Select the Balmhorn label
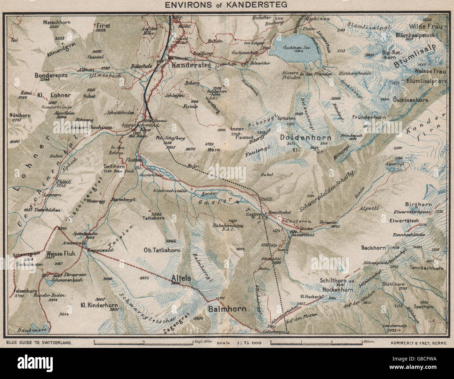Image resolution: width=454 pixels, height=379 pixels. pyautogui.click(x=227, y=309)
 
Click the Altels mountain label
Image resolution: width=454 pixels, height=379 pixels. pyautogui.click(x=182, y=278)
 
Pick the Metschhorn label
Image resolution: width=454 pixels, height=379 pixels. pyautogui.click(x=57, y=22)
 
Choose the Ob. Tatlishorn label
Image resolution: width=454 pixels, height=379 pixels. pyautogui.click(x=162, y=250)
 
